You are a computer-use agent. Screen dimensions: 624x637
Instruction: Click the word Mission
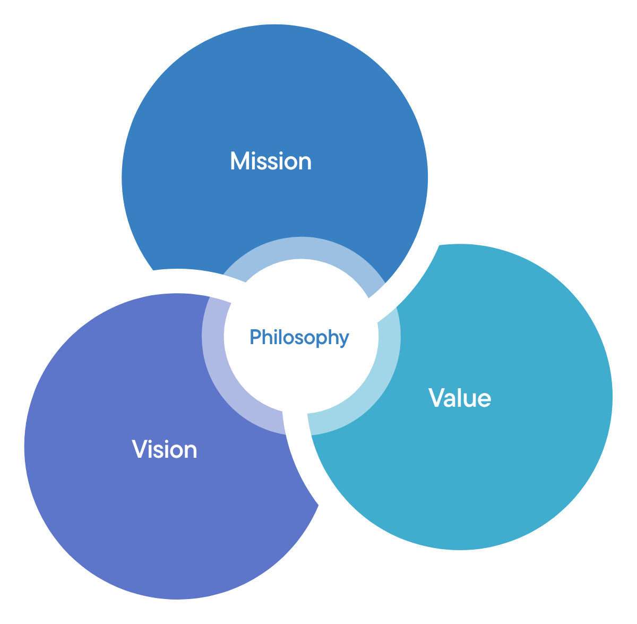click(x=271, y=161)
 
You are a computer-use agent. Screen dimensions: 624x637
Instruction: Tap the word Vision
click(x=165, y=449)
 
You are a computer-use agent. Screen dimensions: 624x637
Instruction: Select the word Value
click(x=460, y=398)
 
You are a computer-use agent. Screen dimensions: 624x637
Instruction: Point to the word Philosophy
click(x=299, y=338)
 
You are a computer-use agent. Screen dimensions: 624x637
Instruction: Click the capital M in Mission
click(x=240, y=161)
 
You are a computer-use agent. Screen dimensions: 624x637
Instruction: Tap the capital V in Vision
click(x=140, y=449)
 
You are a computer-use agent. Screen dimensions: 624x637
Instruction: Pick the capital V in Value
click(x=437, y=398)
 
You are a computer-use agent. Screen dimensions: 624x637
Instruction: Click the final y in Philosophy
click(x=344, y=340)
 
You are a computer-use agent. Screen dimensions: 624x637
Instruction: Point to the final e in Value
click(x=484, y=399)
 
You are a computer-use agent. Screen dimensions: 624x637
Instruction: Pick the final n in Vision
click(x=191, y=451)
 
